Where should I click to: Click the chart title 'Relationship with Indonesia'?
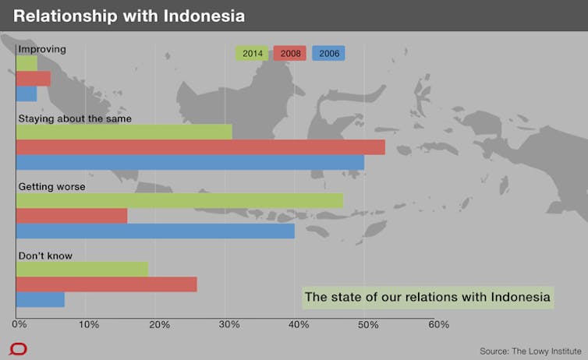[x=129, y=16]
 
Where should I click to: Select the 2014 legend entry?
[x=252, y=53]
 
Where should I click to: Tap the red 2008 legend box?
[x=290, y=53]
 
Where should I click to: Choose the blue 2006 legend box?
[x=328, y=53]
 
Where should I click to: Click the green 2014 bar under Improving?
[x=27, y=63]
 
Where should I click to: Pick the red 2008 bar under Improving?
[x=34, y=79]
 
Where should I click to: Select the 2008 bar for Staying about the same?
[x=200, y=147]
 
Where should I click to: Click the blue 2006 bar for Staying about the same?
[x=190, y=163]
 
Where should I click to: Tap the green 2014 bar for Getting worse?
[x=179, y=201]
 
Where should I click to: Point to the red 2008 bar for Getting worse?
[x=72, y=216]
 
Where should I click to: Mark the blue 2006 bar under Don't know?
[x=40, y=300]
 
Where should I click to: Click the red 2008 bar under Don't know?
[x=107, y=284]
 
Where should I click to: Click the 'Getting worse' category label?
[x=51, y=186]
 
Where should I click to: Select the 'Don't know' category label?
[x=45, y=256]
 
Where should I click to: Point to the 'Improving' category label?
[x=42, y=49]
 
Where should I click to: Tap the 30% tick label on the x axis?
[x=229, y=324]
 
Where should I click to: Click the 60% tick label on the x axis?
[x=439, y=324]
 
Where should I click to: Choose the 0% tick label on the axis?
[x=19, y=324]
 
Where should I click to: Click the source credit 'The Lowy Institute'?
[x=547, y=351]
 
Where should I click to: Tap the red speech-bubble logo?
[x=18, y=349]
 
